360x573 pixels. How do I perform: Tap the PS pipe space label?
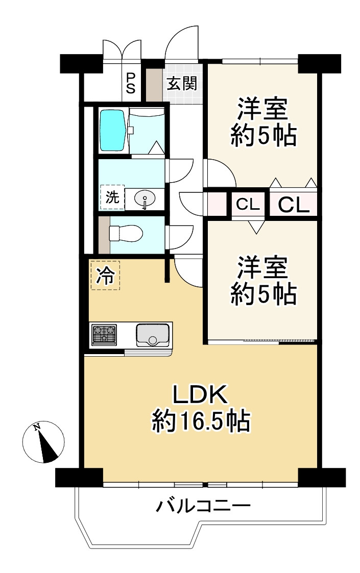tap(131, 83)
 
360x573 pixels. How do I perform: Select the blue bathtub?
tap(112, 130)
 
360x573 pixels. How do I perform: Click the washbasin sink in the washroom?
tap(146, 198)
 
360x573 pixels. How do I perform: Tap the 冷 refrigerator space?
tap(105, 276)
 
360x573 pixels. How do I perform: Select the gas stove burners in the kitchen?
tap(104, 335)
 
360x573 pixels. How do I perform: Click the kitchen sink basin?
tap(153, 335)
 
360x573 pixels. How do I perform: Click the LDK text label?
tap(199, 395)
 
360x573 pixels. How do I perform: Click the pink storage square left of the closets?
tap(217, 204)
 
